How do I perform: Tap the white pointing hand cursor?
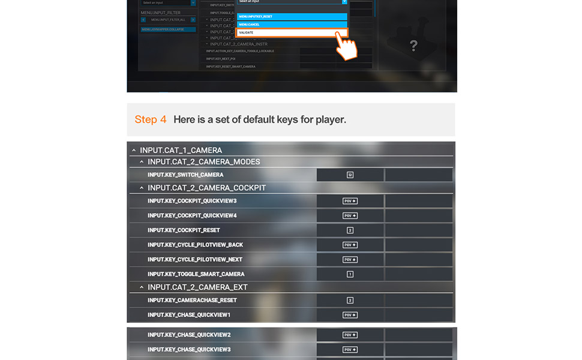coord(346,47)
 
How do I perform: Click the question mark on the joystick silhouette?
coord(413,46)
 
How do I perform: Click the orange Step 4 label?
coord(151,119)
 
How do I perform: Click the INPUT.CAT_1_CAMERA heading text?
coord(181,150)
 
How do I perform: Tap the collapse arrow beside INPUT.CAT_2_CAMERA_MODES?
coord(142,162)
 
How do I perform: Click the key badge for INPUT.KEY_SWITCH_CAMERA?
coord(350,175)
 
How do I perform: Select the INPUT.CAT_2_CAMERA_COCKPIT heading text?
coord(206,188)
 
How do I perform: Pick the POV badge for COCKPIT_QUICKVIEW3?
coord(350,201)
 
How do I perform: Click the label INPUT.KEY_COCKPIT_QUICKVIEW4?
coord(192,215)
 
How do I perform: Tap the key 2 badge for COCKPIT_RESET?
coord(350,230)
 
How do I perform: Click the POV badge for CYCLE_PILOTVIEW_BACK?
coord(350,245)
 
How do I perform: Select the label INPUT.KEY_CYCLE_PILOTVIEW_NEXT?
coord(195,260)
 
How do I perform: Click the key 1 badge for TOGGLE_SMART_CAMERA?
coord(350,274)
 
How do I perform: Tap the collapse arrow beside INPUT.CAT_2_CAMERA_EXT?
coord(142,287)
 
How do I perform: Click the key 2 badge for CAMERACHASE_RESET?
coord(350,300)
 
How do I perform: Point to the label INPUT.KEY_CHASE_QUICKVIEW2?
coord(189,335)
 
